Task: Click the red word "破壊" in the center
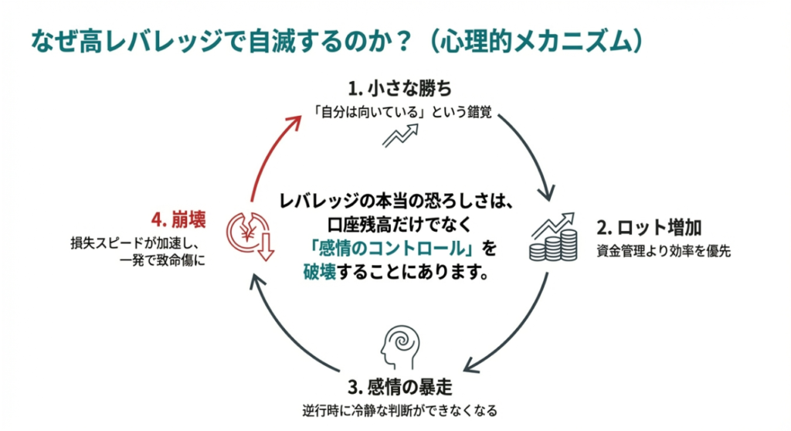pos(320,273)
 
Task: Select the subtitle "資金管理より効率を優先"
pos(663,251)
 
